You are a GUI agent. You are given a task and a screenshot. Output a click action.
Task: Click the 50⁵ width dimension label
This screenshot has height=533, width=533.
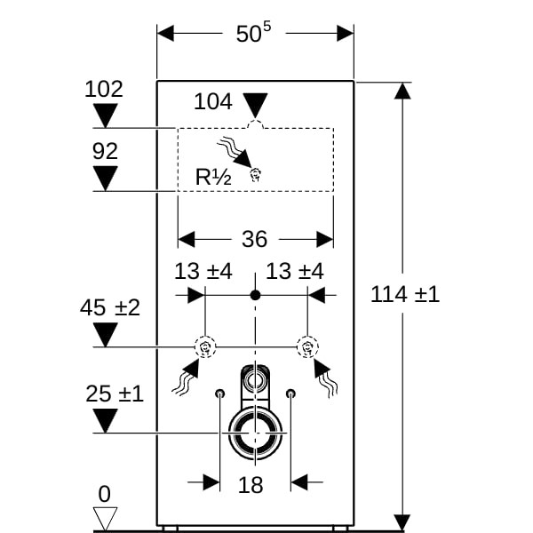[253, 34]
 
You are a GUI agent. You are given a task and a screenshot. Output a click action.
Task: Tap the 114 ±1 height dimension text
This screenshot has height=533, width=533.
[404, 294]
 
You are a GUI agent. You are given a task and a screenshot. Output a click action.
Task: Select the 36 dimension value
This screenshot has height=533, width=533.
[255, 239]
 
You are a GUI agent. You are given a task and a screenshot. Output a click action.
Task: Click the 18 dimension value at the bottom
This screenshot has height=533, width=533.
[252, 484]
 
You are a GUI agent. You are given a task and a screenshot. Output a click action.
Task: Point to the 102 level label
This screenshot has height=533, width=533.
[104, 89]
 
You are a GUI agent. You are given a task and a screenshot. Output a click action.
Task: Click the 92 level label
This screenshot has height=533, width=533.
[105, 152]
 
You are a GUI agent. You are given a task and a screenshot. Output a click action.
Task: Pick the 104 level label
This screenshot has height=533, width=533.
[213, 101]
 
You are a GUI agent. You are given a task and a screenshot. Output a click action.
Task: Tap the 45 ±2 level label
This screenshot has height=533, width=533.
[110, 308]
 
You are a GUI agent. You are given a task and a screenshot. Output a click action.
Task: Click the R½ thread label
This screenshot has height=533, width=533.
[213, 177]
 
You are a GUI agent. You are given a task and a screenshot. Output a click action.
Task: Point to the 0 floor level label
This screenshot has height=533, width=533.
[104, 495]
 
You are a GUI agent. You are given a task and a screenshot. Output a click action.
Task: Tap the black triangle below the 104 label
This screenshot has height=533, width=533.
[256, 105]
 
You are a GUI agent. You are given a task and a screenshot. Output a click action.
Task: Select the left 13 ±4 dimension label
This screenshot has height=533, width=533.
[203, 271]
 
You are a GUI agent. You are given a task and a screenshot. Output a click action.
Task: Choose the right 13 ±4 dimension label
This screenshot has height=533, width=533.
[295, 271]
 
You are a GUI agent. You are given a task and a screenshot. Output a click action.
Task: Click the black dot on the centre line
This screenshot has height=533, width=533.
[256, 293]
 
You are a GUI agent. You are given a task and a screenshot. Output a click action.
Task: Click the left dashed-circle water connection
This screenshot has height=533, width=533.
[205, 346]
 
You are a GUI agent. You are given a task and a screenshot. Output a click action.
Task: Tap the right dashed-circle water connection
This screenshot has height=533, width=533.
[306, 346]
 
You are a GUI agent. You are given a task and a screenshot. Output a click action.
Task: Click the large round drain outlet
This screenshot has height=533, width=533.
[256, 433]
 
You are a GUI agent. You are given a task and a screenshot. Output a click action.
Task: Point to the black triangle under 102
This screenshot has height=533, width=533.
[106, 116]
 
